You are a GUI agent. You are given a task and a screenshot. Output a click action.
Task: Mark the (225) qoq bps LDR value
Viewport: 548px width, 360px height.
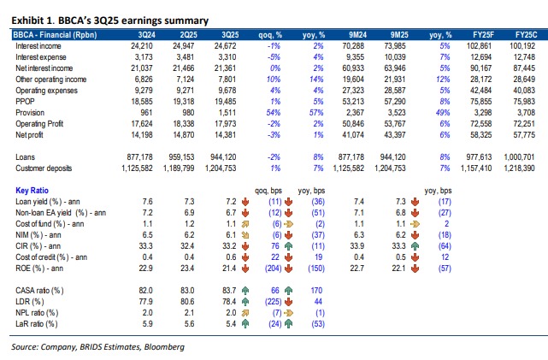[x=275, y=301]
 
